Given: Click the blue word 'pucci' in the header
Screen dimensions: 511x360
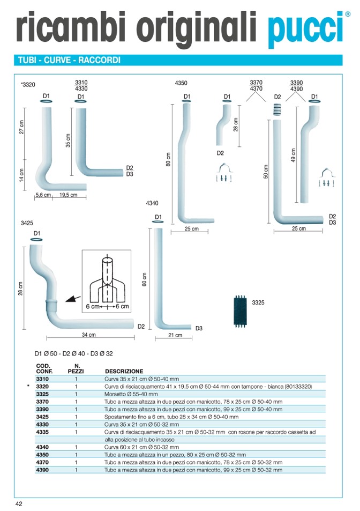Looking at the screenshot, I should click(x=304, y=28).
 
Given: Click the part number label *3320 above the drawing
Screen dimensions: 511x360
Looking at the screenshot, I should click(x=28, y=85).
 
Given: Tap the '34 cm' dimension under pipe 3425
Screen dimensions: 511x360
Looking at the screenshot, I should click(x=89, y=335).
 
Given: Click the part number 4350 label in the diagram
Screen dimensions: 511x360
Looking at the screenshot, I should click(x=181, y=83).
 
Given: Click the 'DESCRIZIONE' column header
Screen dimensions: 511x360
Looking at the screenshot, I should click(x=124, y=371).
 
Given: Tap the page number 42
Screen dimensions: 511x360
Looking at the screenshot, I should click(x=19, y=503).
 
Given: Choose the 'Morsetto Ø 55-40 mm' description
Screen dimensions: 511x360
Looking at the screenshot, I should click(x=131, y=394).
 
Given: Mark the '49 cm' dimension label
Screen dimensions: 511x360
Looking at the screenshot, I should click(x=293, y=156).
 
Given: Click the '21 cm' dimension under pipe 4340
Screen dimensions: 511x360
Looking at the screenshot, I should click(x=175, y=335).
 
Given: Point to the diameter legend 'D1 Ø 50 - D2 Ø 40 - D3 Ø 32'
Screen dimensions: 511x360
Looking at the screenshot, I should click(x=74, y=353).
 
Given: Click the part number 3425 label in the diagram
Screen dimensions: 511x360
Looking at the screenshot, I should click(x=27, y=223).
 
